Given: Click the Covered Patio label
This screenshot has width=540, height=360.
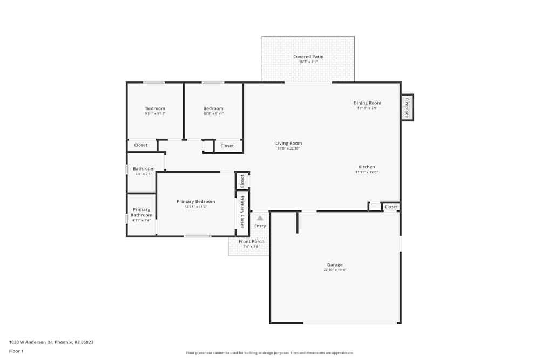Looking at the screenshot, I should click(x=308, y=57).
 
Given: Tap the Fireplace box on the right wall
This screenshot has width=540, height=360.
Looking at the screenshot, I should click(x=407, y=107).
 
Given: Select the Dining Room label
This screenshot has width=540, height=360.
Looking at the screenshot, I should click(x=367, y=103).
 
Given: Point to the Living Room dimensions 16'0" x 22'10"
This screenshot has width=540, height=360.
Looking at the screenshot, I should click(x=289, y=148).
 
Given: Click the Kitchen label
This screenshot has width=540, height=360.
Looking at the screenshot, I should click(x=367, y=167).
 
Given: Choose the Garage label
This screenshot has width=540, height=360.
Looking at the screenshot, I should click(x=335, y=264).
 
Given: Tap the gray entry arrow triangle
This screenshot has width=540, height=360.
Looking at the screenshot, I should click(x=260, y=218).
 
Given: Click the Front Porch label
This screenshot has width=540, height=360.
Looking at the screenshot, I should click(x=251, y=241).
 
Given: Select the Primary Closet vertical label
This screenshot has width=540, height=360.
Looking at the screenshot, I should click(x=242, y=212).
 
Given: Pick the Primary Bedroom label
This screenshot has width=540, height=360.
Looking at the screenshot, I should click(x=195, y=201).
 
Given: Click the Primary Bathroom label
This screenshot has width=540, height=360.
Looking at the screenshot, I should click(x=141, y=212).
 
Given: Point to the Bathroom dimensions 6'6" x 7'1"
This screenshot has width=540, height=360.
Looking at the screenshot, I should click(x=144, y=174).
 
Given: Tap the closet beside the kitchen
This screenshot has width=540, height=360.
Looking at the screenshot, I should click(x=391, y=207).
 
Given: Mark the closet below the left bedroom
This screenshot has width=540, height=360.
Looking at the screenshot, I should click(x=141, y=145).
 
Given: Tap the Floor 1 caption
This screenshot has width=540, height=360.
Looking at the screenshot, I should click(x=16, y=351).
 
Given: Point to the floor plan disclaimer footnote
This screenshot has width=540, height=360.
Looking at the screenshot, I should click(x=269, y=353).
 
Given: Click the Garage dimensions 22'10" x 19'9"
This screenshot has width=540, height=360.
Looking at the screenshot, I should click(x=335, y=270).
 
